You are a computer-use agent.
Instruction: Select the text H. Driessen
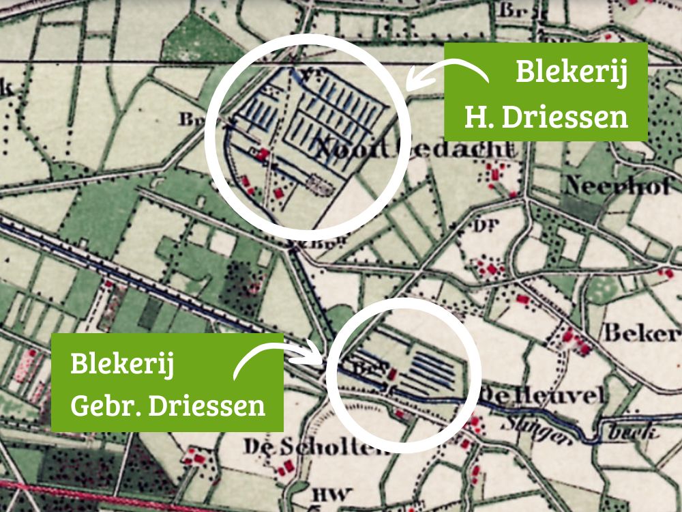pyautogui.click(x=546, y=117)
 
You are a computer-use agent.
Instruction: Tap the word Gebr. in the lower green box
pyautogui.click(x=103, y=406)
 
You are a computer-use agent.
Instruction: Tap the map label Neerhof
pyautogui.click(x=617, y=185)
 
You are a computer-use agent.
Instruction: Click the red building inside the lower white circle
pyautogui.click(x=393, y=373)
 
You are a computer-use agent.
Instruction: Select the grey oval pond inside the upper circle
pyautogui.click(x=318, y=183)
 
